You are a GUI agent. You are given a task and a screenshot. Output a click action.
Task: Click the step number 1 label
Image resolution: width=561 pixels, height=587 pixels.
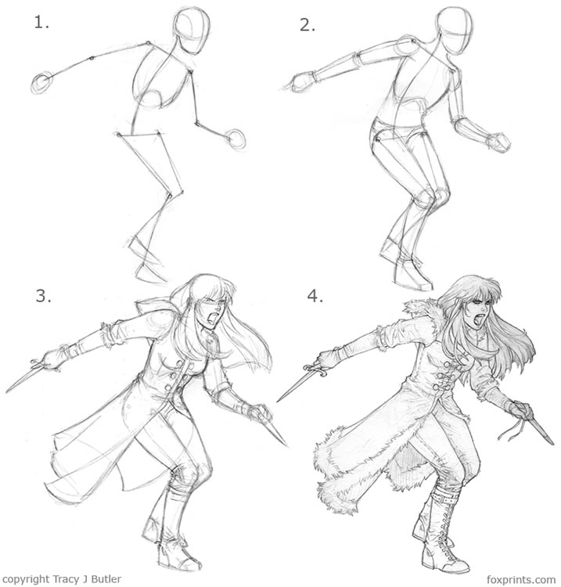[x=41, y=22]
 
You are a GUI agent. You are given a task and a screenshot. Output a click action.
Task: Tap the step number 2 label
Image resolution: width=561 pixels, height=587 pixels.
[x=307, y=24]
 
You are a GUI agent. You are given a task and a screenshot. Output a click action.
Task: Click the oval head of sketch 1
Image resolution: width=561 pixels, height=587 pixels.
[x=191, y=31]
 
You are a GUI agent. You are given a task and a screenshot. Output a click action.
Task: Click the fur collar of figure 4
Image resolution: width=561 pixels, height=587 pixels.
[x=426, y=308]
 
